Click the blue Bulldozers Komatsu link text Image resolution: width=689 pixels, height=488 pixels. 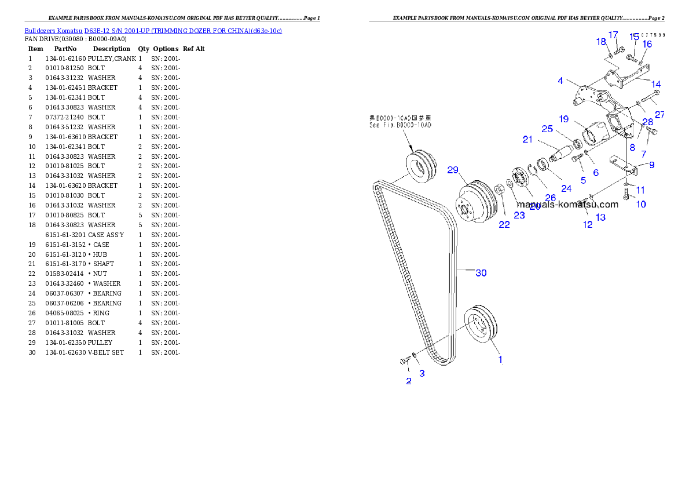pos(153,31)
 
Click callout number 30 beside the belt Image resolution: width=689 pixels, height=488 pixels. pos(481,273)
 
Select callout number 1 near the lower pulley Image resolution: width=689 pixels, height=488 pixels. pos(500,359)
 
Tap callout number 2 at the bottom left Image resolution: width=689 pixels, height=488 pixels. pos(409,381)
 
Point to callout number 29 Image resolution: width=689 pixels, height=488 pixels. pos(453,170)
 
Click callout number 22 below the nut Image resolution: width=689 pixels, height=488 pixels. pos(504,224)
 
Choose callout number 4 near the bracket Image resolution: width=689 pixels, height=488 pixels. pos(560,81)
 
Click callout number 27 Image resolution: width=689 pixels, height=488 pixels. pos(659,115)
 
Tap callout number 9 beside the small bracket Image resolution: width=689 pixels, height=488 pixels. pos(651,165)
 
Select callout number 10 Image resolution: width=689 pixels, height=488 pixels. pos(641,204)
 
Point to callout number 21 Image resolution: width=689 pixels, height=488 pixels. pos(527,139)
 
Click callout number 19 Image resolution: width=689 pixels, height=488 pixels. pos(564,119)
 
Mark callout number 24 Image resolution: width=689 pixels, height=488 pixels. pos(566,188)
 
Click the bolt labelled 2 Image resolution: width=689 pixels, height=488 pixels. pos(404,361)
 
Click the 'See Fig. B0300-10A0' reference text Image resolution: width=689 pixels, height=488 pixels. pos(400,125)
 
